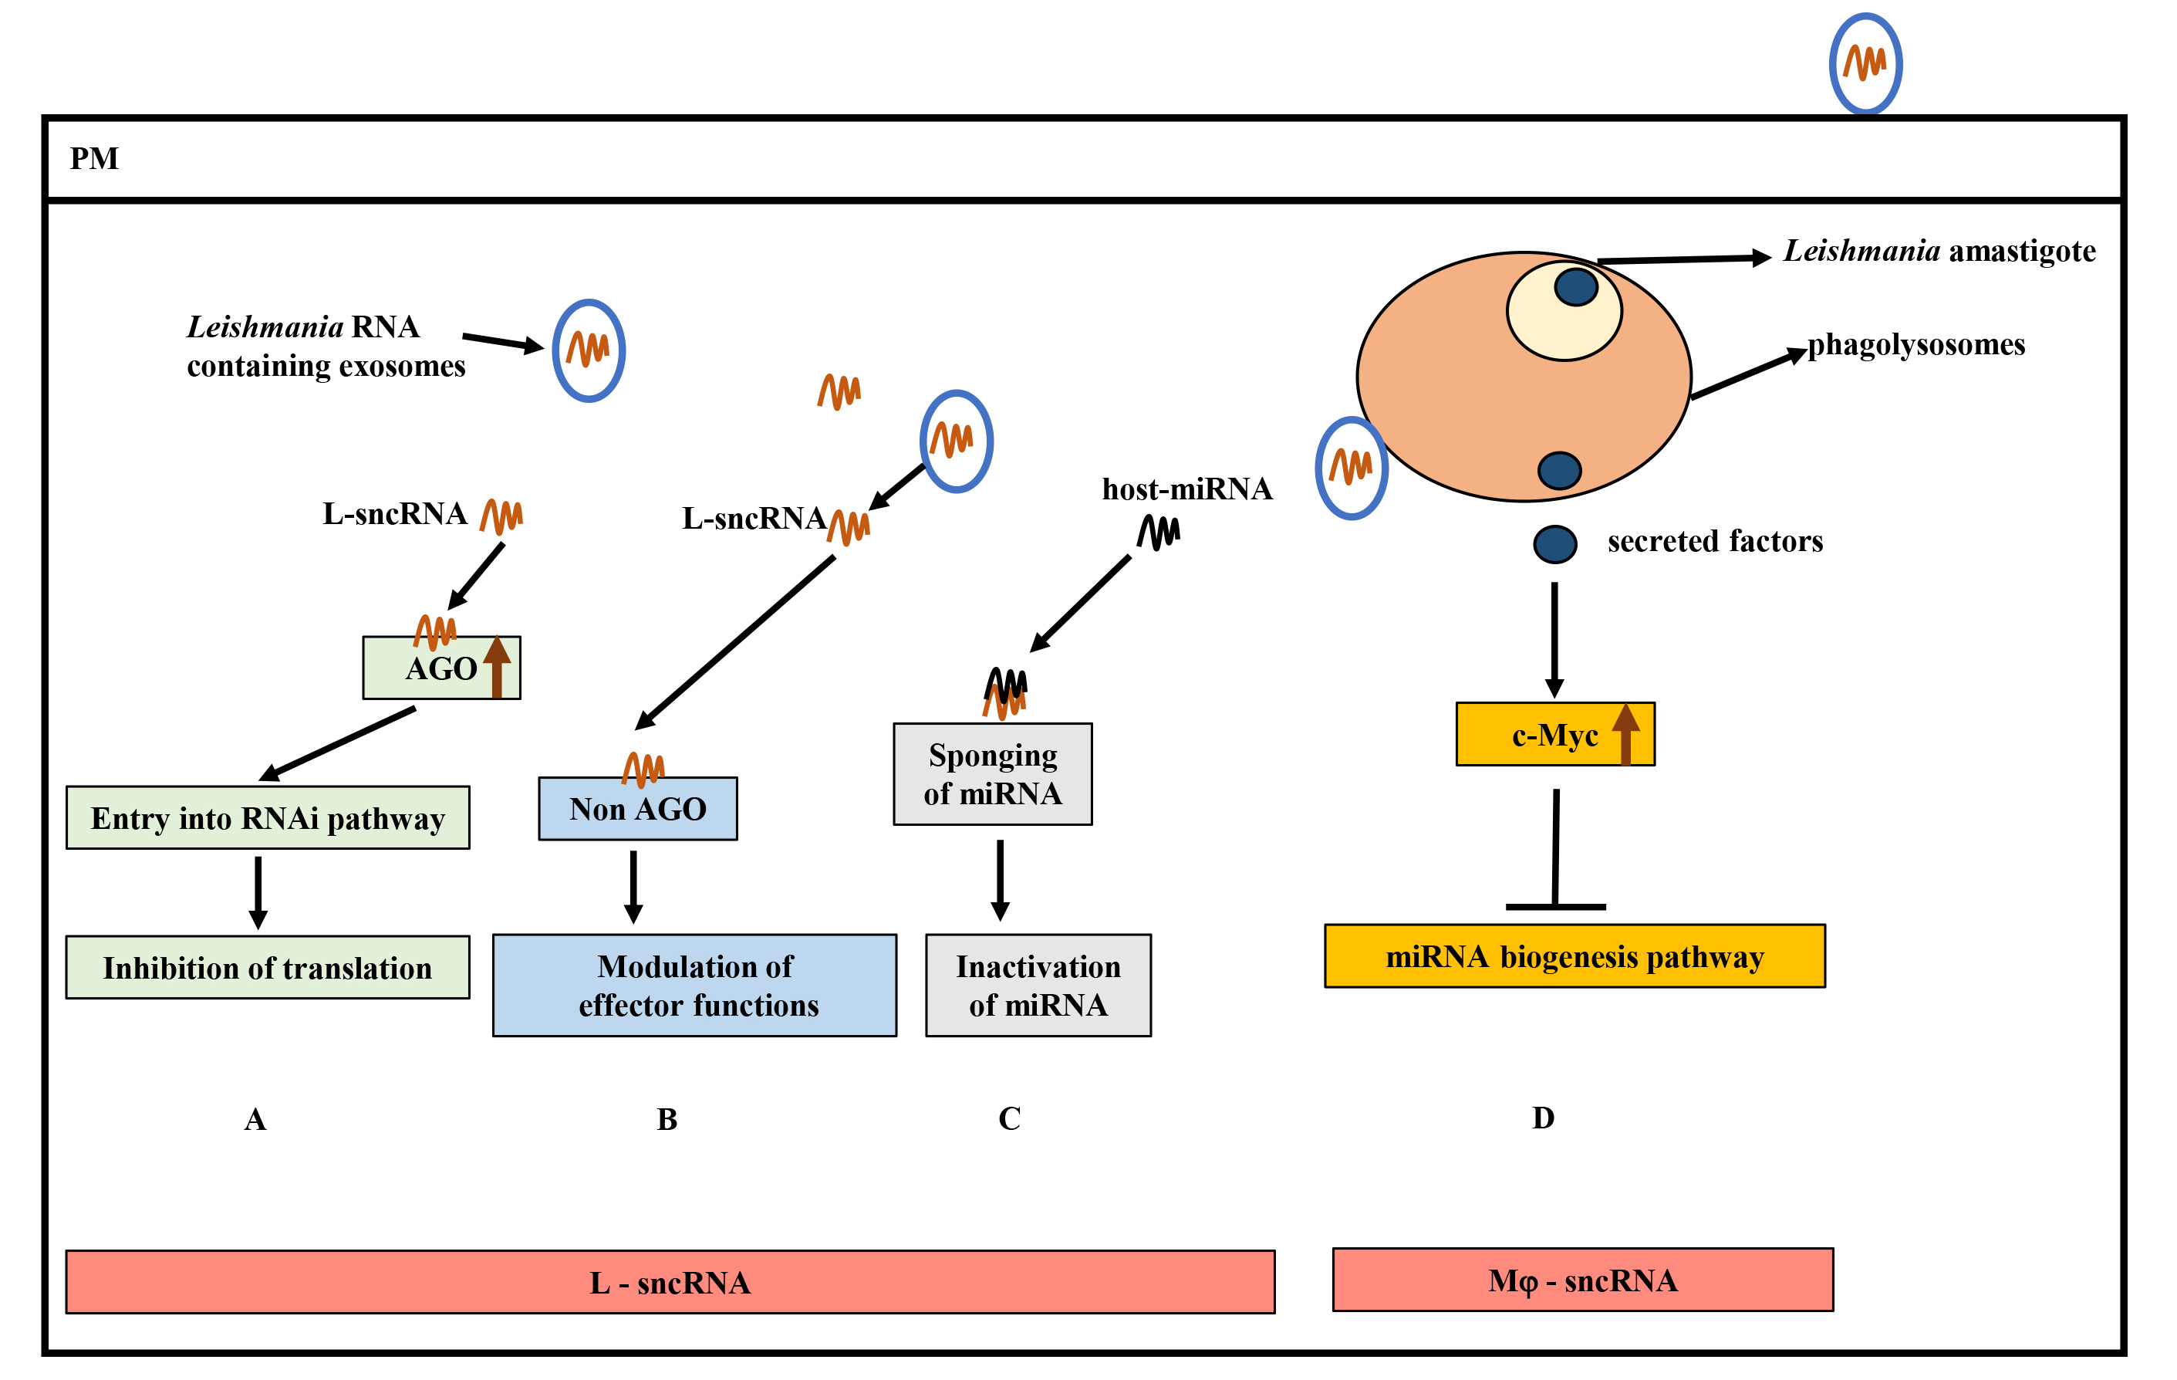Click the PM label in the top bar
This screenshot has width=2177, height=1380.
(x=94, y=158)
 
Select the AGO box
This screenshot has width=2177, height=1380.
(x=440, y=668)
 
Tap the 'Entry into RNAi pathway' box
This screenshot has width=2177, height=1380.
(x=268, y=817)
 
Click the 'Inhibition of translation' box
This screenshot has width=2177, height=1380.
(x=268, y=967)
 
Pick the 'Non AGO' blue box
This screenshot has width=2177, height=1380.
(x=637, y=808)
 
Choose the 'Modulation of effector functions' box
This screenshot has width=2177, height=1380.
(x=694, y=985)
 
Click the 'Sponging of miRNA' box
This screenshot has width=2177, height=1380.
(x=992, y=774)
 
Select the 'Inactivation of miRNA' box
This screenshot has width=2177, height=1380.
(x=1038, y=985)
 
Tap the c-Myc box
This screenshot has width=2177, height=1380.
(x=1554, y=734)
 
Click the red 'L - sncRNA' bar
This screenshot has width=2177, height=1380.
(x=670, y=1281)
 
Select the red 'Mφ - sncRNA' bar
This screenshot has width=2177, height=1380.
(x=1582, y=1280)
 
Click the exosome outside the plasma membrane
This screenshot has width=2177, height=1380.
(x=1865, y=63)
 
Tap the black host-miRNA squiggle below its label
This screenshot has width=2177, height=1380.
(x=1158, y=532)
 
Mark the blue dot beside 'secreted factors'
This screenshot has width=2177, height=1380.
(x=1555, y=544)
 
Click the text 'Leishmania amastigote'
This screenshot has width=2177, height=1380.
(x=1939, y=251)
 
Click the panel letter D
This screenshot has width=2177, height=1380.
(x=1543, y=1118)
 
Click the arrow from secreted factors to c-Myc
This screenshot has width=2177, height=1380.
(x=1554, y=638)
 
